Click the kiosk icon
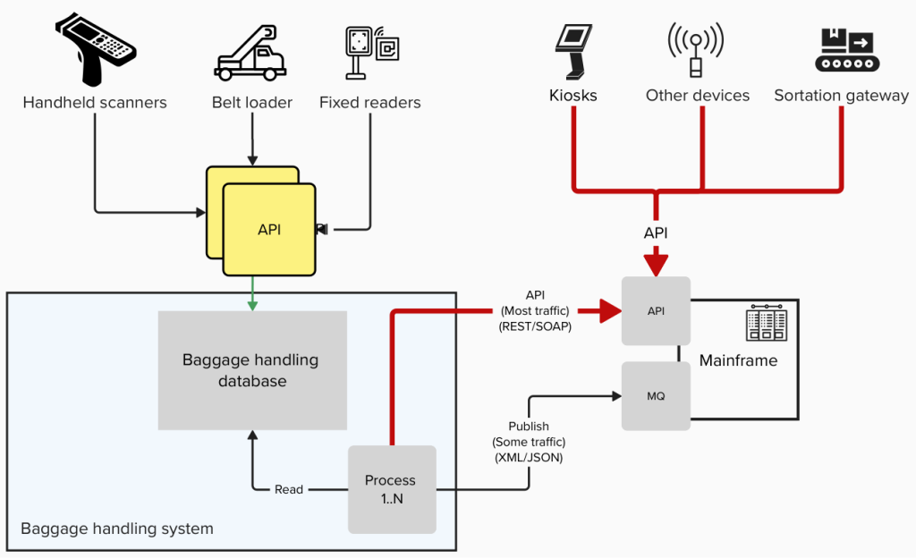pyautogui.click(x=572, y=50)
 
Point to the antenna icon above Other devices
pyautogui.click(x=695, y=49)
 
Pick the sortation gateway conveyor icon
pyautogui.click(x=846, y=49)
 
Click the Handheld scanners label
pyautogui.click(x=95, y=102)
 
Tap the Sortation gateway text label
pyautogui.click(x=841, y=96)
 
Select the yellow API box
pyautogui.click(x=269, y=230)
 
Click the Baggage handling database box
pyautogui.click(x=251, y=370)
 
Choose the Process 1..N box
pyautogui.click(x=391, y=489)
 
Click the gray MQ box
pyautogui.click(x=656, y=395)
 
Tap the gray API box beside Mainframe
pyautogui.click(x=656, y=310)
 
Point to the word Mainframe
pyautogui.click(x=738, y=361)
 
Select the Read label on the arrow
pyautogui.click(x=289, y=489)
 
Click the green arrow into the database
pyautogui.click(x=252, y=294)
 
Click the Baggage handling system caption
pyautogui.click(x=117, y=528)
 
